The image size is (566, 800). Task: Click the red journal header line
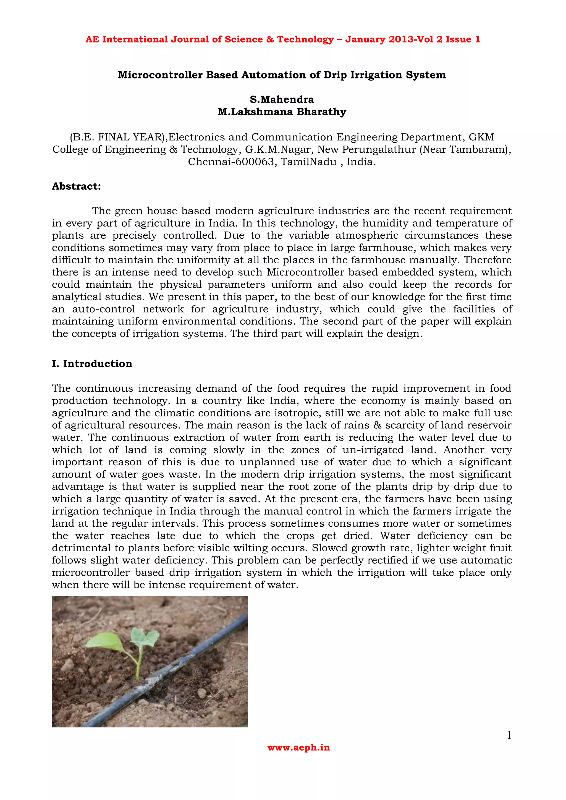(283, 39)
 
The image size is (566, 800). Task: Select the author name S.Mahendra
(282, 100)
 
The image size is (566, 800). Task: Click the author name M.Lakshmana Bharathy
(282, 112)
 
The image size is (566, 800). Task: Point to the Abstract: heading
(76, 187)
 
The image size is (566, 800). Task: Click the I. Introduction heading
(92, 364)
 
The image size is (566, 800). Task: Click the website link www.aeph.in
(298, 747)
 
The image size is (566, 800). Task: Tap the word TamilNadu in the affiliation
(308, 162)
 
